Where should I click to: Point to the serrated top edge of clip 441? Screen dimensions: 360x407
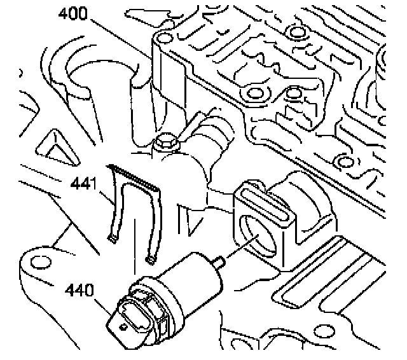tap(134, 176)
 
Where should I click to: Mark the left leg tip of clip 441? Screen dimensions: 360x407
tap(113, 239)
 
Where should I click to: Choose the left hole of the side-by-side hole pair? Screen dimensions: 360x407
tap(254, 94)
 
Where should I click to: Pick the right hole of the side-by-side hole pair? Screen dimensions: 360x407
tap(294, 94)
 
